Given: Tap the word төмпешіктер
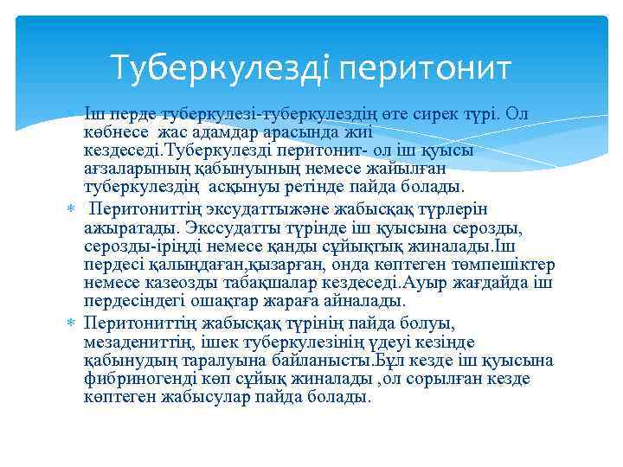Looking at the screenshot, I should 504,265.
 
